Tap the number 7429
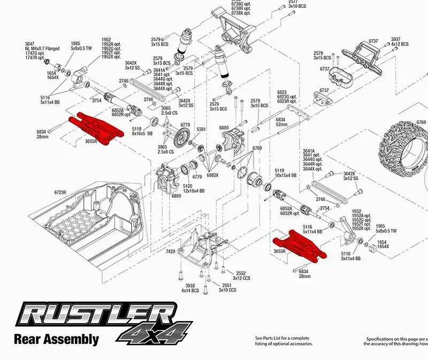click(171, 251)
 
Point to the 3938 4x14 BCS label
click(190, 288)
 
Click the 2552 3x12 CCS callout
click(242, 275)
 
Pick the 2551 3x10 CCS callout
click(227, 288)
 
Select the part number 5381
click(201, 129)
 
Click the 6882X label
click(212, 174)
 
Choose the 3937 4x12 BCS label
click(400, 41)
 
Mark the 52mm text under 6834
click(281, 124)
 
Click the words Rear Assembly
click(56, 339)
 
